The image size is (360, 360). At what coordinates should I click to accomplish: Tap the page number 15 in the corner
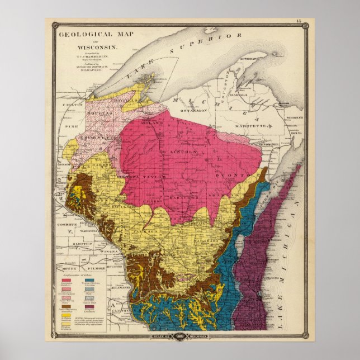click(299, 21)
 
